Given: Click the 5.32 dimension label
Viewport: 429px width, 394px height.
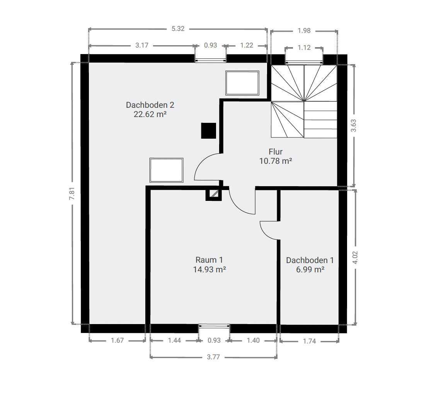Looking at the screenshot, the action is [x=178, y=29].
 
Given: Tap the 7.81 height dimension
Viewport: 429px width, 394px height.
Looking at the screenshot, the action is [x=72, y=194].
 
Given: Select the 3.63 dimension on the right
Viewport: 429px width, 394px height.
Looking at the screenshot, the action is [x=354, y=126].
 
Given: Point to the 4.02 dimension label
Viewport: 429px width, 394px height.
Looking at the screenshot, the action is [x=355, y=257].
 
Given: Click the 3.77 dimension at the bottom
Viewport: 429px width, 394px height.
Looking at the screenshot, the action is [x=213, y=357].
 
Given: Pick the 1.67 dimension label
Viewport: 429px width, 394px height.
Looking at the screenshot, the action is [x=117, y=340].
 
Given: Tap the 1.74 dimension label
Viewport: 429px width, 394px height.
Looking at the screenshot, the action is [x=309, y=341].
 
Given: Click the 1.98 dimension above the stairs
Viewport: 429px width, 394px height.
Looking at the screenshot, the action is [x=304, y=31].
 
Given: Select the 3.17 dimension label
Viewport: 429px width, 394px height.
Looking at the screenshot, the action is [x=142, y=45].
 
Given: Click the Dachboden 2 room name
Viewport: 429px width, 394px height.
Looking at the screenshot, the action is [x=150, y=105].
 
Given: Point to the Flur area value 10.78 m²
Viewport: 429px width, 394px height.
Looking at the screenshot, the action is [x=276, y=161].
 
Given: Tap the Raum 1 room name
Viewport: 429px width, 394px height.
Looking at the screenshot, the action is [x=209, y=260].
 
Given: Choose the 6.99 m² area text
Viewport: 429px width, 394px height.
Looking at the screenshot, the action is [x=310, y=270].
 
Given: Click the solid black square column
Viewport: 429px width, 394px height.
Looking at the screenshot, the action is [x=208, y=131].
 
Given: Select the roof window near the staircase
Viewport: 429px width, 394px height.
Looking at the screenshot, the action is [x=242, y=83].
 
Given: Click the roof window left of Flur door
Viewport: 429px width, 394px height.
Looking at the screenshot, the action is [x=166, y=170].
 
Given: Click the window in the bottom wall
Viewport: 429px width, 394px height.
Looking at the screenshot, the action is [x=214, y=326].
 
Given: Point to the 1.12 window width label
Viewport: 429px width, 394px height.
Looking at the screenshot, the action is [x=304, y=48].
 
